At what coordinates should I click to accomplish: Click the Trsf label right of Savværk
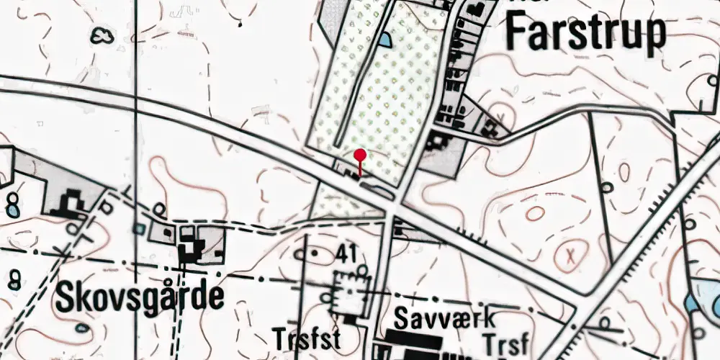point(508,340)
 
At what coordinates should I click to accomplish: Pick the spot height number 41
point(345,253)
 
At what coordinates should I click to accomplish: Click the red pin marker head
point(360,154)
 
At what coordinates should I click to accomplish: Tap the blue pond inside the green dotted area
point(386,40)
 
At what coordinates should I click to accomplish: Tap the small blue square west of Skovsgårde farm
point(138,228)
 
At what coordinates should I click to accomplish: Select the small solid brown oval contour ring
point(535,213)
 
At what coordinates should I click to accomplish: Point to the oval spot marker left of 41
point(301,253)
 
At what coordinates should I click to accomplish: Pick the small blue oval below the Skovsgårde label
point(83,328)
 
